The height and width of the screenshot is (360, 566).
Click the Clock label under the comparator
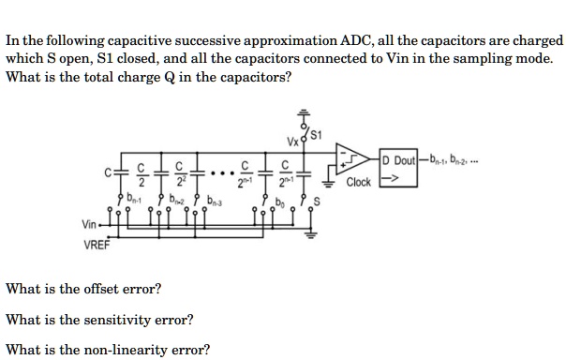point(359,181)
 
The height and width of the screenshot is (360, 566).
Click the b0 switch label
point(282,200)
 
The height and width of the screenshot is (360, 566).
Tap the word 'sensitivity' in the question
point(123,320)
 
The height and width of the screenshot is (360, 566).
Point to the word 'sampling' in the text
point(488,58)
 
